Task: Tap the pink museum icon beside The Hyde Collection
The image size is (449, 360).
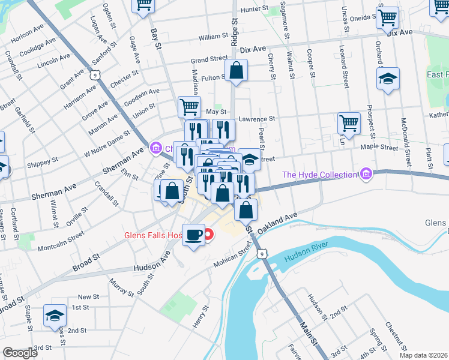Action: pos(366,175)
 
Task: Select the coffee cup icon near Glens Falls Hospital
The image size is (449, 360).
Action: pos(193,234)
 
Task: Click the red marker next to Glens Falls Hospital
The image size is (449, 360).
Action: pos(209,235)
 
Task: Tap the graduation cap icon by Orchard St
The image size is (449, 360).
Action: pos(388,79)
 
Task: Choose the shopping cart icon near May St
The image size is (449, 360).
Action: pos(189,107)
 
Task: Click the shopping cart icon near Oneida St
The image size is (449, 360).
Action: pos(388,17)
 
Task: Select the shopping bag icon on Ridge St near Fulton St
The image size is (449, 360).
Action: pos(237,70)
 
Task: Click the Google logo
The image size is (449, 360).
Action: pos(20,353)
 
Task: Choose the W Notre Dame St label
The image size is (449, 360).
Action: pos(106,145)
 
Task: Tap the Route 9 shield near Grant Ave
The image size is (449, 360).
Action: pos(94,74)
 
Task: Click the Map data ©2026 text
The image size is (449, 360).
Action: pos(423,355)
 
